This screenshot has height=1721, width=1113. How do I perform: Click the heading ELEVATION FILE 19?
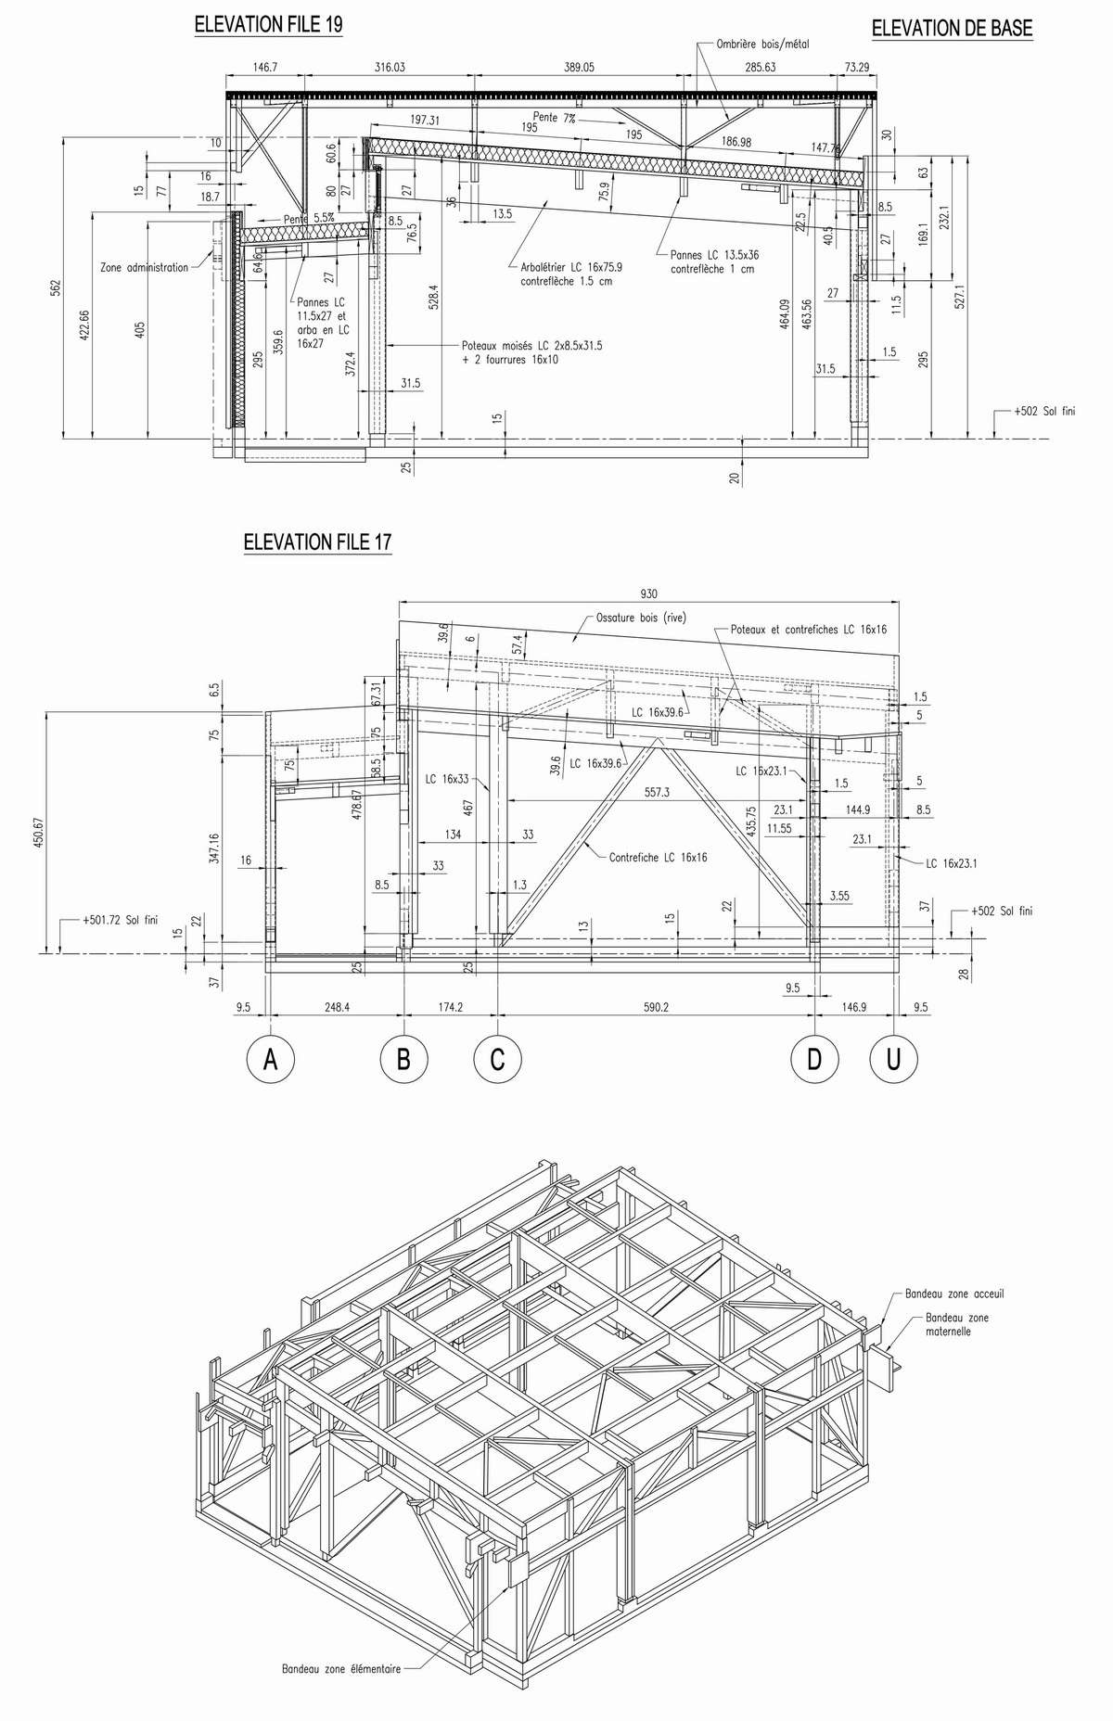pyautogui.click(x=268, y=25)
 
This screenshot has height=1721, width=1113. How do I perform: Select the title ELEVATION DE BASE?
pyautogui.click(x=952, y=29)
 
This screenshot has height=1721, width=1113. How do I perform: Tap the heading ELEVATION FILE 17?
pyautogui.click(x=317, y=542)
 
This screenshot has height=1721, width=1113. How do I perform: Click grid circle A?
pyautogui.click(x=271, y=1059)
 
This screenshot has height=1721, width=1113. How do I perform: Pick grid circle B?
pyautogui.click(x=403, y=1059)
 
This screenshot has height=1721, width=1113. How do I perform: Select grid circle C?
pyautogui.click(x=497, y=1059)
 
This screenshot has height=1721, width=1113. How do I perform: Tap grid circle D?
pyautogui.click(x=814, y=1059)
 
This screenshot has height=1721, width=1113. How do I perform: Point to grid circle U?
pyautogui.click(x=894, y=1059)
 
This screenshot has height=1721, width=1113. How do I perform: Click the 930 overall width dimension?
pyautogui.click(x=648, y=594)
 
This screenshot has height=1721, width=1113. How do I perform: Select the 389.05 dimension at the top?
pyautogui.click(x=579, y=67)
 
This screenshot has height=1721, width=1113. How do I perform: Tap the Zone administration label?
pyautogui.click(x=144, y=267)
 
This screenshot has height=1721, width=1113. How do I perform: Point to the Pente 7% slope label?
pyautogui.click(x=554, y=118)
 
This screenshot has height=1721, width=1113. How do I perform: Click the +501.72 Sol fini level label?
pyautogui.click(x=120, y=921)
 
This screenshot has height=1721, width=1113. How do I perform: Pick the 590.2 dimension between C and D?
pyautogui.click(x=656, y=1007)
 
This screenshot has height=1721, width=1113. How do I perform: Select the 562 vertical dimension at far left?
pyautogui.click(x=55, y=288)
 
